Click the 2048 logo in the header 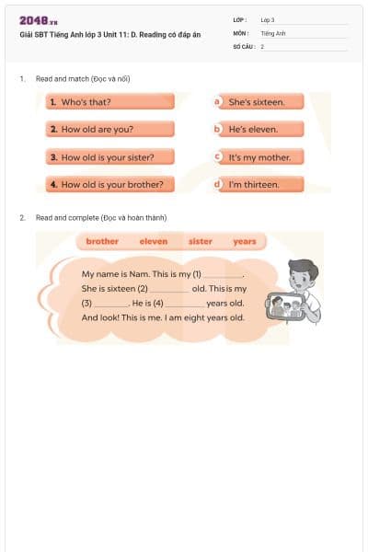(39, 20)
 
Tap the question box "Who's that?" (109, 102)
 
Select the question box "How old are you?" (109, 130)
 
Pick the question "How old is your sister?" (109, 157)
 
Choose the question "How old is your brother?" (109, 184)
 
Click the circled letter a (218, 102)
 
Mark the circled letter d (218, 184)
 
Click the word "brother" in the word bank (102, 241)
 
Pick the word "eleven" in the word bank (154, 241)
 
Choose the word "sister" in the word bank (200, 241)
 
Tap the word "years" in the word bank (245, 241)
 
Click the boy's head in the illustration (302, 273)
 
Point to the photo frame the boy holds (286, 307)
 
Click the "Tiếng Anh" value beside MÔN (273, 32)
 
